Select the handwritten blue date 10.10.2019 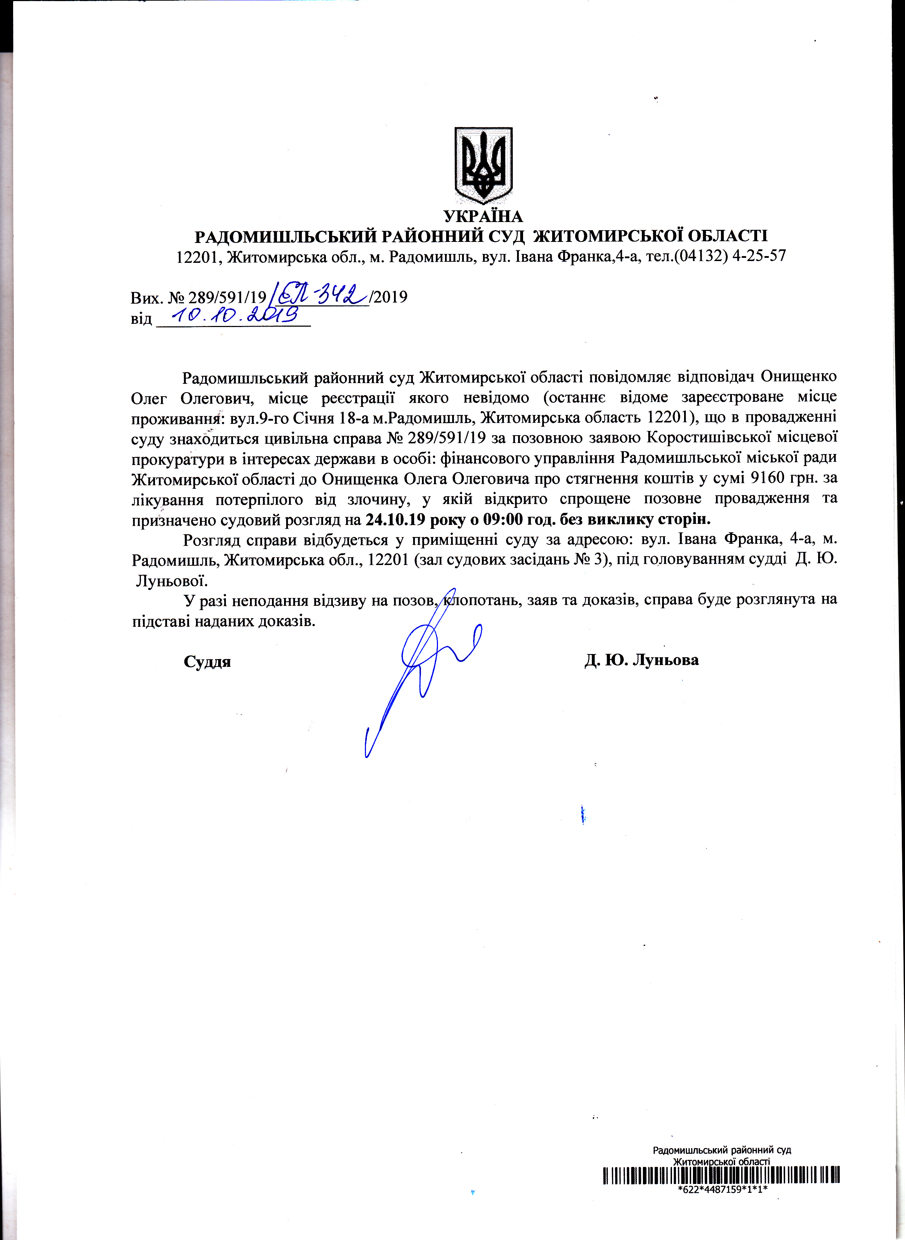click(x=235, y=315)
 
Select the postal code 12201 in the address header click(x=198, y=256)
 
